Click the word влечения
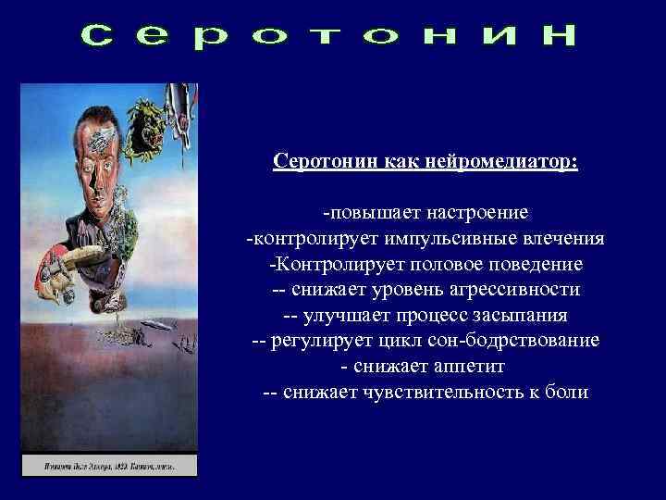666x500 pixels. point(563,239)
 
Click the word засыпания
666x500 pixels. point(515,315)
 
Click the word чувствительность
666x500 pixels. point(451,392)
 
